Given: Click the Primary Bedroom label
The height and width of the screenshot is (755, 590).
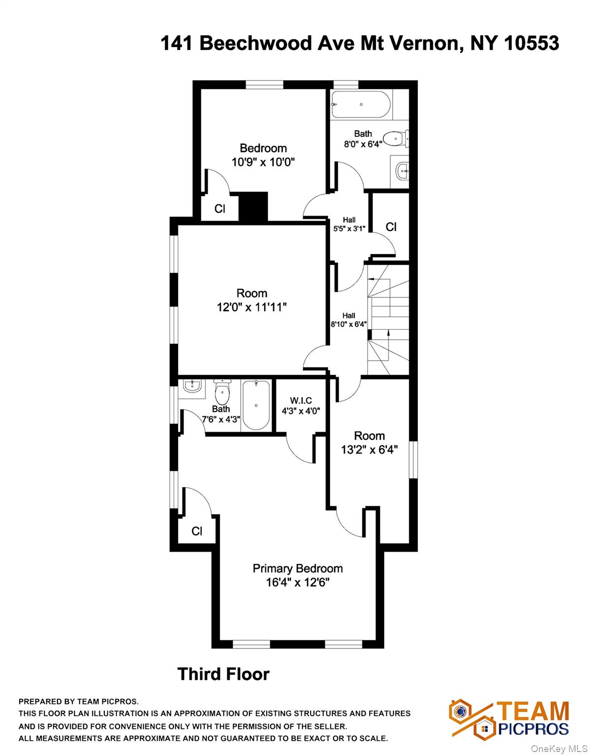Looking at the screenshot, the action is coord(298,568).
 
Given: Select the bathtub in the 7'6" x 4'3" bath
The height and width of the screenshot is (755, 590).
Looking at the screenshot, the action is coord(255,405).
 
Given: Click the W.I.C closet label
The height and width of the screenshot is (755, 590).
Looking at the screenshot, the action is coord(301,401).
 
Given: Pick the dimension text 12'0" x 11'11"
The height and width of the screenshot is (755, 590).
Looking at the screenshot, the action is coord(252,307).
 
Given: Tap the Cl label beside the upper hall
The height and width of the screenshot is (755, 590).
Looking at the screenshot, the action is coord(391,227).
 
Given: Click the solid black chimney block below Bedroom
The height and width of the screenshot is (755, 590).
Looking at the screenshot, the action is coord(253,206).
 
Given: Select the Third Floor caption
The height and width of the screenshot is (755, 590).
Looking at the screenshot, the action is coord(223,674).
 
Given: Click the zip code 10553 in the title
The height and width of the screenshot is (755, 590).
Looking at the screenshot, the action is coord(531,43).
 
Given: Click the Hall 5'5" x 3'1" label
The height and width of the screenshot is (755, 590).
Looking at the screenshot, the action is coord(349,224).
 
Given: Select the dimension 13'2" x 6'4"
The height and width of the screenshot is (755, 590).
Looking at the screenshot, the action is coord(369,450).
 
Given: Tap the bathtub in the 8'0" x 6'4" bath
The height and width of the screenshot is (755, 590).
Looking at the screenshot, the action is coord(361,104).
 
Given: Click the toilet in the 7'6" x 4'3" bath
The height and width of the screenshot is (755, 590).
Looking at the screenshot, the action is coord(222,392).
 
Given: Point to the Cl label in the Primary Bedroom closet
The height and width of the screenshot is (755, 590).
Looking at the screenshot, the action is coord(197,531).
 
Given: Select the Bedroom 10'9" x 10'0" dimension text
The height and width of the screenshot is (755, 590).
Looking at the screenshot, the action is coord(263,162).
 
